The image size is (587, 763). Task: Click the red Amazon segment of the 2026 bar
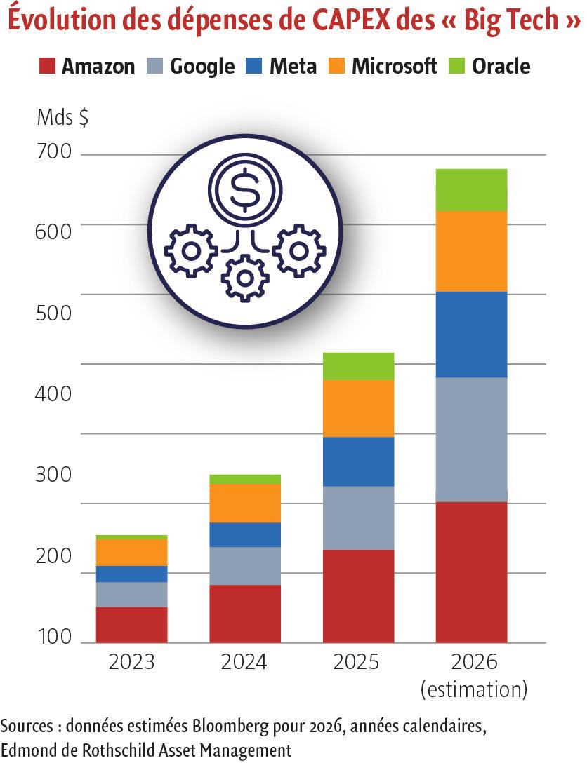471,572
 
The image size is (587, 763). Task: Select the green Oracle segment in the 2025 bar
358,366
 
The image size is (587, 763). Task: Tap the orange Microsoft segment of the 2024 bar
245,503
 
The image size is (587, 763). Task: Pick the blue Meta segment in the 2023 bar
131,574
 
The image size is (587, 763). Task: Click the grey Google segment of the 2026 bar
471,439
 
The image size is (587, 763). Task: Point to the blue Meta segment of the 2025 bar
358,461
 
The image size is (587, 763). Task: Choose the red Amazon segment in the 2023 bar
131,624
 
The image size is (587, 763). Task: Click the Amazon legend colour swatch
46,67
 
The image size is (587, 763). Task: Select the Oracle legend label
501,67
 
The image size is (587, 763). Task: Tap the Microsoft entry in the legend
394,67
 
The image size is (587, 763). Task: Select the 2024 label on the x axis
245,663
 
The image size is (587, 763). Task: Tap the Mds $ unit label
62,118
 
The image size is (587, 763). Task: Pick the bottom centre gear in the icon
244,278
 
